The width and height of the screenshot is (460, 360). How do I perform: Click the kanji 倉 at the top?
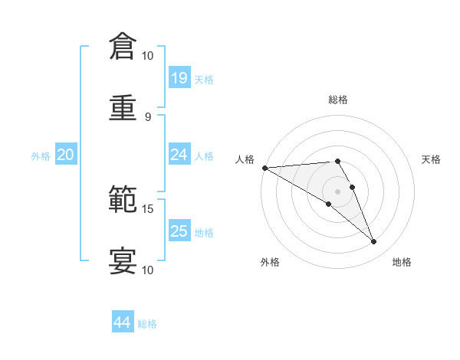pyautogui.click(x=123, y=47)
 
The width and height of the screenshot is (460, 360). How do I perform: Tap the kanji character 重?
pyautogui.click(x=123, y=107)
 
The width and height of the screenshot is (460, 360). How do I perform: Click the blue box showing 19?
pyautogui.click(x=179, y=78)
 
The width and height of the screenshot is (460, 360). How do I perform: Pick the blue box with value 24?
pyautogui.click(x=179, y=155)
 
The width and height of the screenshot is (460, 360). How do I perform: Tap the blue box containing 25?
pyautogui.click(x=179, y=231)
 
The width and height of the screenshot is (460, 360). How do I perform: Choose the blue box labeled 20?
pyautogui.click(x=65, y=155)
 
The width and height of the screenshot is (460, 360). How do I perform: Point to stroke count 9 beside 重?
pyautogui.click(x=148, y=116)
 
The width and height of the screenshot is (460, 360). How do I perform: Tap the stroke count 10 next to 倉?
pyautogui.click(x=147, y=56)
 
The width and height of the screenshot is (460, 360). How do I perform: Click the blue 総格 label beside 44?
pyautogui.click(x=147, y=324)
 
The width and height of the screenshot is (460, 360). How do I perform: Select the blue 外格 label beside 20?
pyautogui.click(x=41, y=155)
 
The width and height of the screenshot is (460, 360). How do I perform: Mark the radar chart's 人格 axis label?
pyautogui.click(x=244, y=159)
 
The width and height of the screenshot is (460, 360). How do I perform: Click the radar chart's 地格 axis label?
pyautogui.click(x=402, y=262)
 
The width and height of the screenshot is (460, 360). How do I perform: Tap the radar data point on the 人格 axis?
pyautogui.click(x=264, y=168)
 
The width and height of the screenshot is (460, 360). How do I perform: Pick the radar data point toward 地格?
pyautogui.click(x=374, y=242)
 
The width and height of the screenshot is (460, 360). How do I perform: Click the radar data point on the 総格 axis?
pyautogui.click(x=337, y=161)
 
